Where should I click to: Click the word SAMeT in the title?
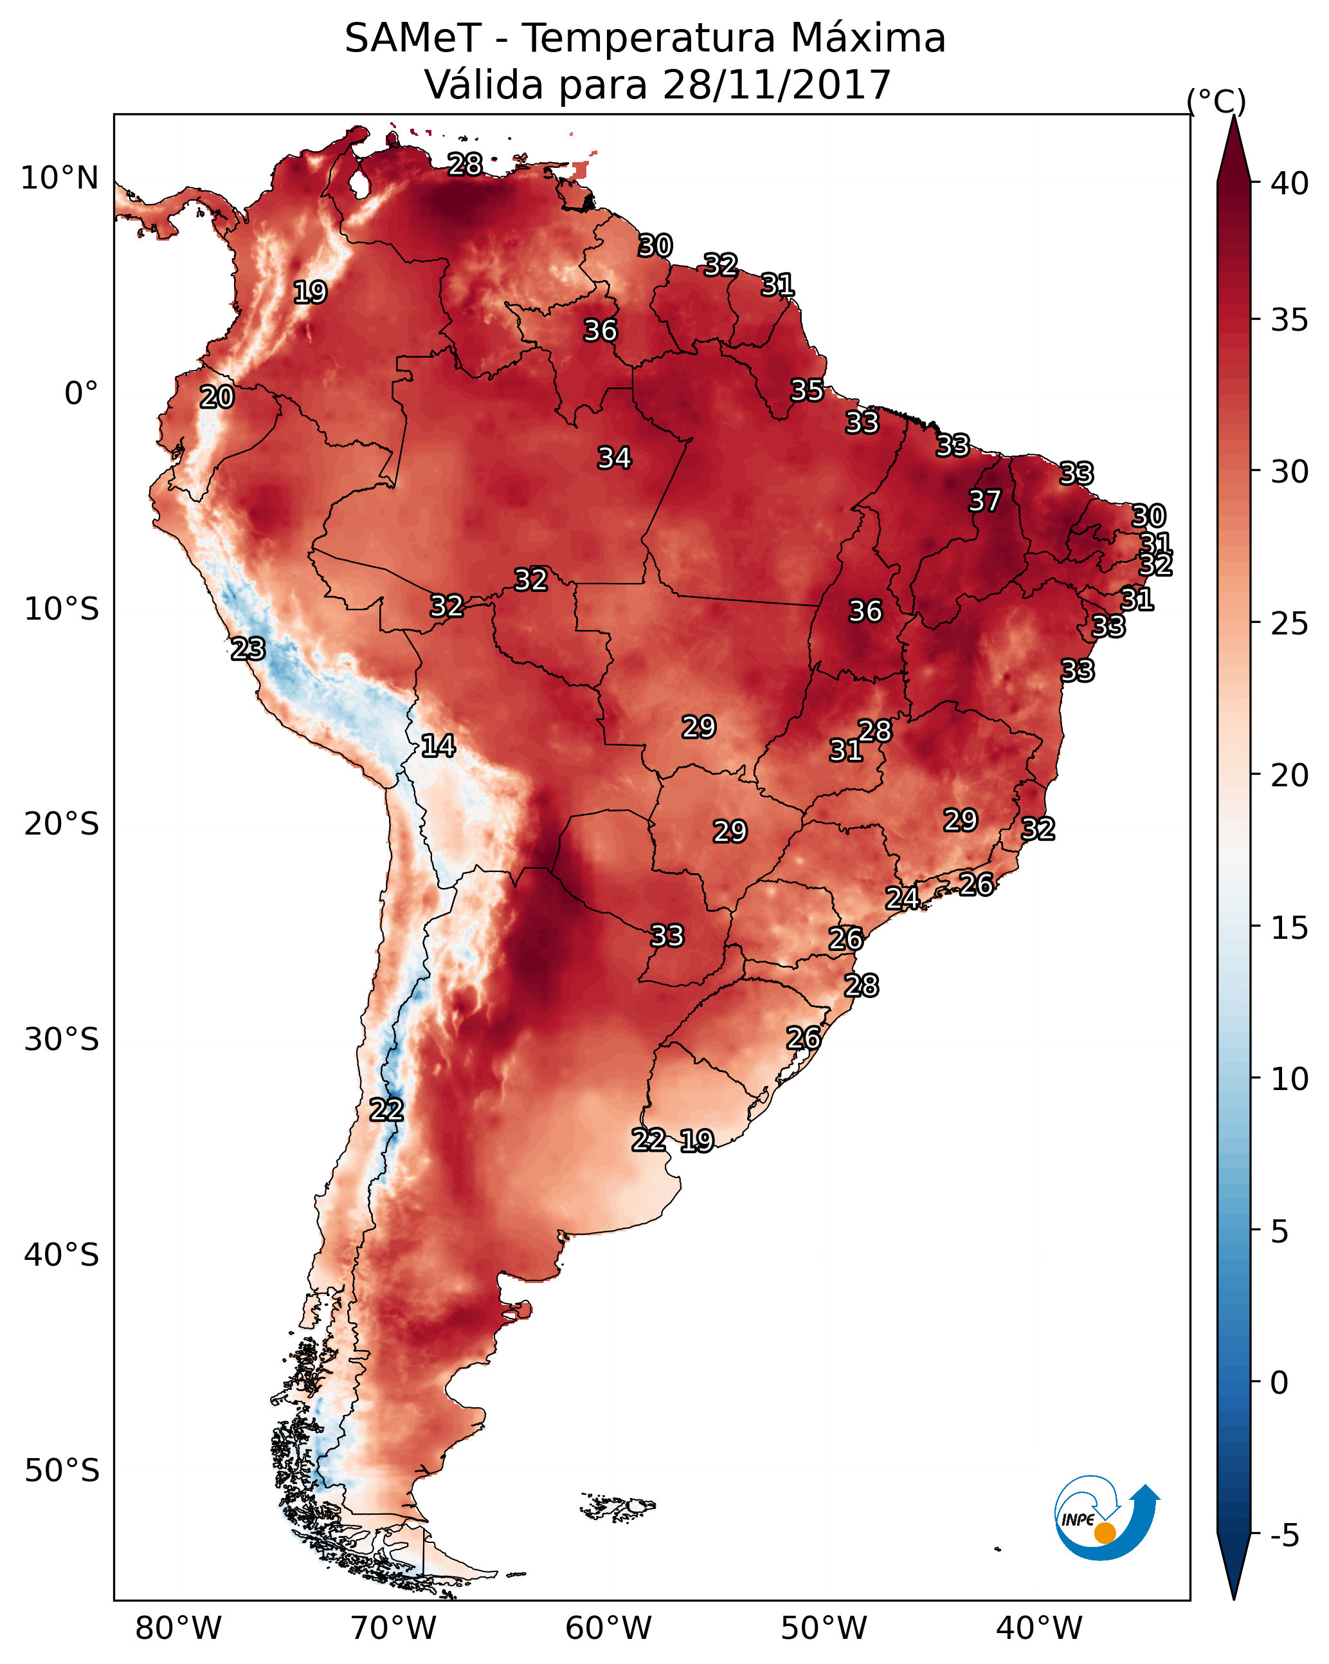click(x=413, y=39)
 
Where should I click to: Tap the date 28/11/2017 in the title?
click(x=777, y=85)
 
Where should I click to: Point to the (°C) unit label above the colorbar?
click(x=1216, y=101)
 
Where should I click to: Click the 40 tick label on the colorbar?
click(x=1290, y=183)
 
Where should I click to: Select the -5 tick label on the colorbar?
click(x=1284, y=1536)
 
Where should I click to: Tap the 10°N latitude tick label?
click(x=59, y=178)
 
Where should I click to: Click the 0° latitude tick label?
click(x=82, y=394)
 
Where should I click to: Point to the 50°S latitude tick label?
click(x=62, y=1470)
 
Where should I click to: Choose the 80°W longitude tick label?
click(x=178, y=1628)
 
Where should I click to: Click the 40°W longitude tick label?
click(x=1039, y=1628)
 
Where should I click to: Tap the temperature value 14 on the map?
click(x=438, y=746)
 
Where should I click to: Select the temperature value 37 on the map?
click(x=985, y=501)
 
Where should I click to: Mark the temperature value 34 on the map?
click(x=615, y=458)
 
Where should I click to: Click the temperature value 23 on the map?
click(x=248, y=649)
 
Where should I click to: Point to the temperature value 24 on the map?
click(x=901, y=898)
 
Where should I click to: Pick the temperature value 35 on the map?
click(x=808, y=391)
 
